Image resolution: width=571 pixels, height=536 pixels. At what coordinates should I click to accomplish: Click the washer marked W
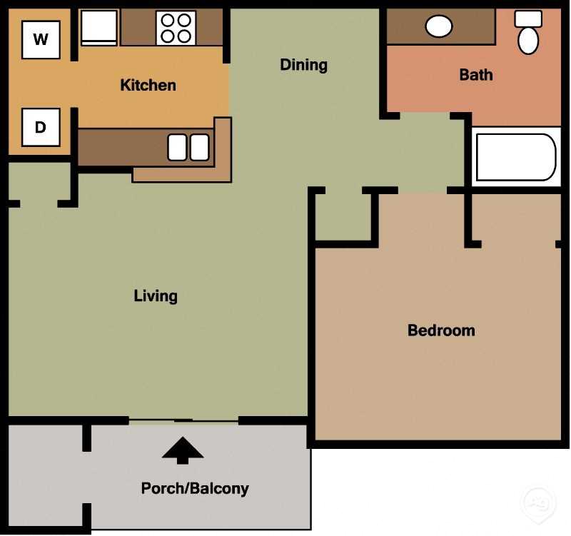click(41, 39)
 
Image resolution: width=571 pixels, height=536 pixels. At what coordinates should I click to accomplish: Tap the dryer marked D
click(41, 127)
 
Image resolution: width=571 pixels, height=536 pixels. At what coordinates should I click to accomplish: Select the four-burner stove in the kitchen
click(176, 28)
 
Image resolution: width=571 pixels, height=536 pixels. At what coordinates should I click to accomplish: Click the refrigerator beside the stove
click(98, 28)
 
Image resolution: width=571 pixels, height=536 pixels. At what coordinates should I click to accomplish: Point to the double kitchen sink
click(188, 147)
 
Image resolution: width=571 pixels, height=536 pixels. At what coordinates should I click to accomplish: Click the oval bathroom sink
click(438, 26)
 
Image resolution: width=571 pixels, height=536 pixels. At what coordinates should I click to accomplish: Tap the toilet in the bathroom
click(528, 34)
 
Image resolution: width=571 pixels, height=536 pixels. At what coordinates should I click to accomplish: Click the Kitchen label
click(148, 86)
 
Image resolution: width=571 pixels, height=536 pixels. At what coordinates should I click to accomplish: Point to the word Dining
click(303, 65)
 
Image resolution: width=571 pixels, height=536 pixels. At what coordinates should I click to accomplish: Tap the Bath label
click(475, 75)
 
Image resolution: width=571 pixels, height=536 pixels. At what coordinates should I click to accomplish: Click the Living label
click(156, 295)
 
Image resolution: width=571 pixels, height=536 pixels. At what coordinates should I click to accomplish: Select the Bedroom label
click(441, 330)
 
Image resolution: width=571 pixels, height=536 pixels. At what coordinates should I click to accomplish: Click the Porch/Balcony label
click(195, 489)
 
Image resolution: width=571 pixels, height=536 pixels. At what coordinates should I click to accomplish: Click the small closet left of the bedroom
click(343, 218)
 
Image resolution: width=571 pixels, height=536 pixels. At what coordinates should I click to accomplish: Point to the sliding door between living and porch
click(183, 420)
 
